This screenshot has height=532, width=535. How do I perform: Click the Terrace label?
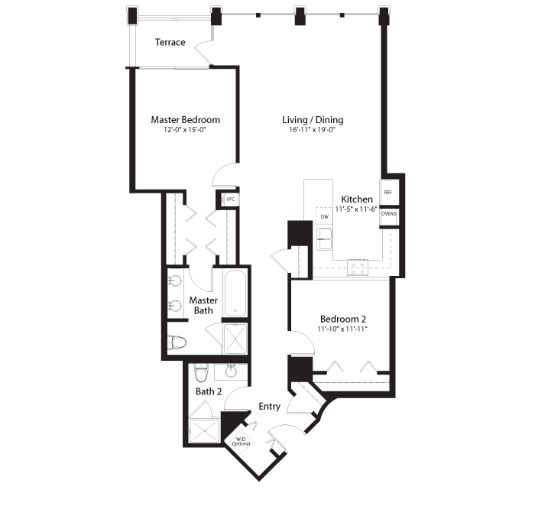click(x=170, y=42)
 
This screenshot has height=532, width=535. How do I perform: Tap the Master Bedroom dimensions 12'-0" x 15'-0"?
click(x=185, y=130)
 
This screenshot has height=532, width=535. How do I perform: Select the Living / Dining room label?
click(x=313, y=120)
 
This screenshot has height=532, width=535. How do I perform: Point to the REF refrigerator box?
click(x=388, y=192)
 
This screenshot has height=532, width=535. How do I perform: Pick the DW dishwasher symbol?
click(x=324, y=216)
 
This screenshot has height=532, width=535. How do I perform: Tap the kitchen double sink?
click(x=324, y=239)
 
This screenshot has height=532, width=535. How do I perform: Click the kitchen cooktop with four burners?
click(x=358, y=268)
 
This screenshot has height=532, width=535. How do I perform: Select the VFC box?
click(x=229, y=199)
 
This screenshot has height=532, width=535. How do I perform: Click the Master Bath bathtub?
click(x=235, y=294)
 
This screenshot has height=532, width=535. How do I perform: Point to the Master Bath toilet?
click(x=177, y=342)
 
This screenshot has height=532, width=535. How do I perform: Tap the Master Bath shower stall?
click(x=235, y=338)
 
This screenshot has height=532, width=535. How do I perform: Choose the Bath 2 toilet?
click(x=201, y=373)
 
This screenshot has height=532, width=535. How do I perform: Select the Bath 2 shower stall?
click(x=204, y=430)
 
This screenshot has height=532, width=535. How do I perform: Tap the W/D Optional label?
click(x=241, y=441)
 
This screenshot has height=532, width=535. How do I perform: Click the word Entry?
click(x=270, y=407)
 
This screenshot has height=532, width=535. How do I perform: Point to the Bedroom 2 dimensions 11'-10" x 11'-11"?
click(x=342, y=329)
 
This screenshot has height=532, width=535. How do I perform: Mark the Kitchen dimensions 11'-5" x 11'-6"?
click(x=356, y=209)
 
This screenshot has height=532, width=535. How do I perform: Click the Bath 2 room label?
click(x=209, y=391)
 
